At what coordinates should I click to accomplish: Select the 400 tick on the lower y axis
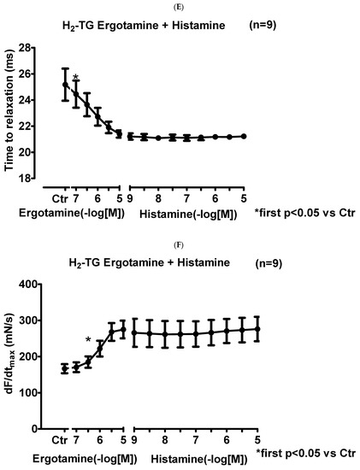pos(39,285)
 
